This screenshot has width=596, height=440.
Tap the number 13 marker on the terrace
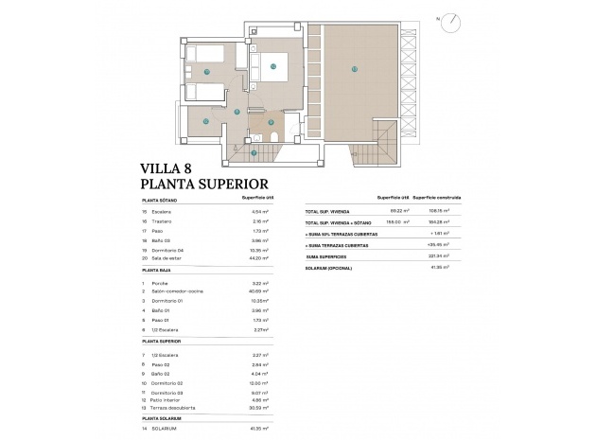tap(354, 68)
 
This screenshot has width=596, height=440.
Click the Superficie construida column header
tap(437, 198)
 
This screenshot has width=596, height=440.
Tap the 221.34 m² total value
tap(435, 255)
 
